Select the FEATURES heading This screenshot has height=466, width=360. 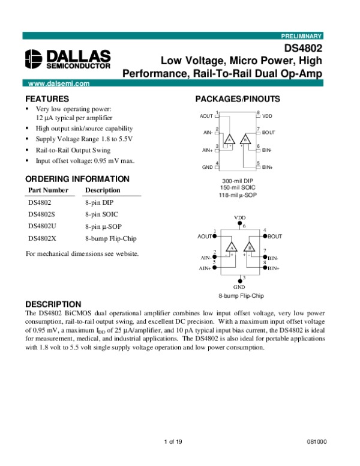tap(47, 98)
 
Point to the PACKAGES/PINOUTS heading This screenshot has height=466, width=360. tap(238, 99)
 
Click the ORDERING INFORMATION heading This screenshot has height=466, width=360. tap(77, 179)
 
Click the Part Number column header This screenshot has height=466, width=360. tap(49, 190)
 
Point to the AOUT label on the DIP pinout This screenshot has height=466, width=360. tap(206, 116)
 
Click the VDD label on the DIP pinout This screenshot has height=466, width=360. tap(268, 115)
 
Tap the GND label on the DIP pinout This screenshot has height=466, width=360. tap(207, 167)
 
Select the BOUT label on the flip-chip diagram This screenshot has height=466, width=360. tap(275, 237)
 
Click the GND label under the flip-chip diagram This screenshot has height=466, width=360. tap(240, 288)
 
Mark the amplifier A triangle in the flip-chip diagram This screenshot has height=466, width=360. tap(231, 247)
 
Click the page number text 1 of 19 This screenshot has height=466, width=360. tap(173, 442)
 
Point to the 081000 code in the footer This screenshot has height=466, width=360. tap(317, 442)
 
